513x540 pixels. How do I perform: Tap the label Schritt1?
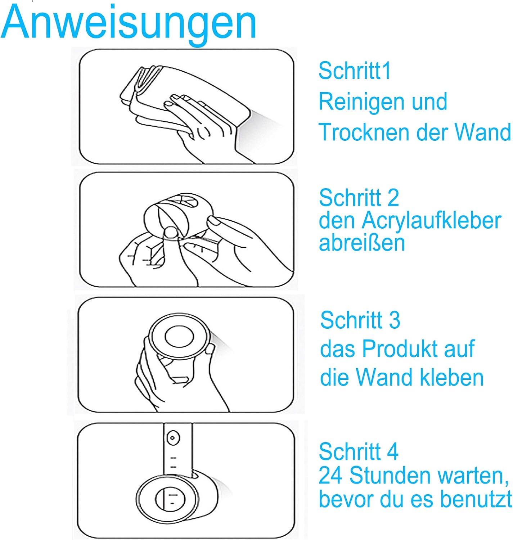coord(355,71)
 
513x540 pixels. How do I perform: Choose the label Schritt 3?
coord(360,320)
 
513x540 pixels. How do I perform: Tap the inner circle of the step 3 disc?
coord(179,337)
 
